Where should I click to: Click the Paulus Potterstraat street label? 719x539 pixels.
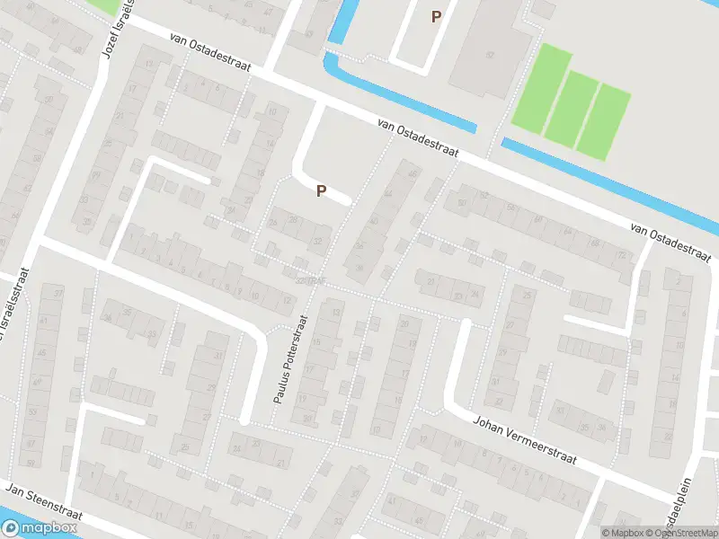[289, 358]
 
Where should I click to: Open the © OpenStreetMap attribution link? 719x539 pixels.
[683, 532]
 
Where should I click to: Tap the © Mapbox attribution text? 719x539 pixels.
[622, 532]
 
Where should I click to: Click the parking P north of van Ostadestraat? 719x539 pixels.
[437, 16]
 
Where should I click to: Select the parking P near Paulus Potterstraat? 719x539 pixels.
[320, 190]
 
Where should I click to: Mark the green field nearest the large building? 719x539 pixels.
[541, 88]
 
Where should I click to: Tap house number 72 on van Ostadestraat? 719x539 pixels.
[621, 255]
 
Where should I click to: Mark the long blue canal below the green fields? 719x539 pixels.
[611, 185]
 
